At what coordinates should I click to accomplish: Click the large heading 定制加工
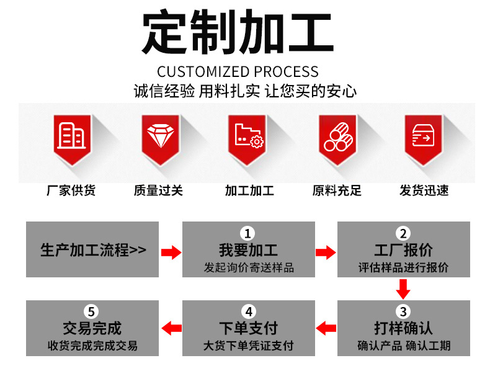click(238, 32)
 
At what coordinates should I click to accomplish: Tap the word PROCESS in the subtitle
click(287, 72)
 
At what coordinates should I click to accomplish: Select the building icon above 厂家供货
click(72, 140)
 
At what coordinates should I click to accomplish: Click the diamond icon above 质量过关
click(160, 140)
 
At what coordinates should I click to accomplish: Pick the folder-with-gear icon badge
click(247, 140)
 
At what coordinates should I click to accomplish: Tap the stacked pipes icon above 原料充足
click(337, 140)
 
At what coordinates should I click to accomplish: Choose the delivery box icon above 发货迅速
click(424, 140)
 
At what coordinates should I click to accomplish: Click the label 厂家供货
click(71, 190)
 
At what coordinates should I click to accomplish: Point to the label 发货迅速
click(424, 190)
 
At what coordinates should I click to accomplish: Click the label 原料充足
click(337, 190)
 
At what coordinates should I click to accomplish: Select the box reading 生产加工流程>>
click(92, 249)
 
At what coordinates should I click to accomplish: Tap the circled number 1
click(248, 233)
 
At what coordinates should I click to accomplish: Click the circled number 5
click(91, 311)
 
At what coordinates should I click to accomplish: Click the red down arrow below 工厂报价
click(403, 289)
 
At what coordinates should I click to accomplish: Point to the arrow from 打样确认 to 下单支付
click(326, 328)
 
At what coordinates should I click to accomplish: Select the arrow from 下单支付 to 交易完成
click(172, 328)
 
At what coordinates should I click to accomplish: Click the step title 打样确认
click(403, 328)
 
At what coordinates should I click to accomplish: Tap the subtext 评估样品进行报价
click(403, 267)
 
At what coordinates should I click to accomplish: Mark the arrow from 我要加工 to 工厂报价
click(326, 253)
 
